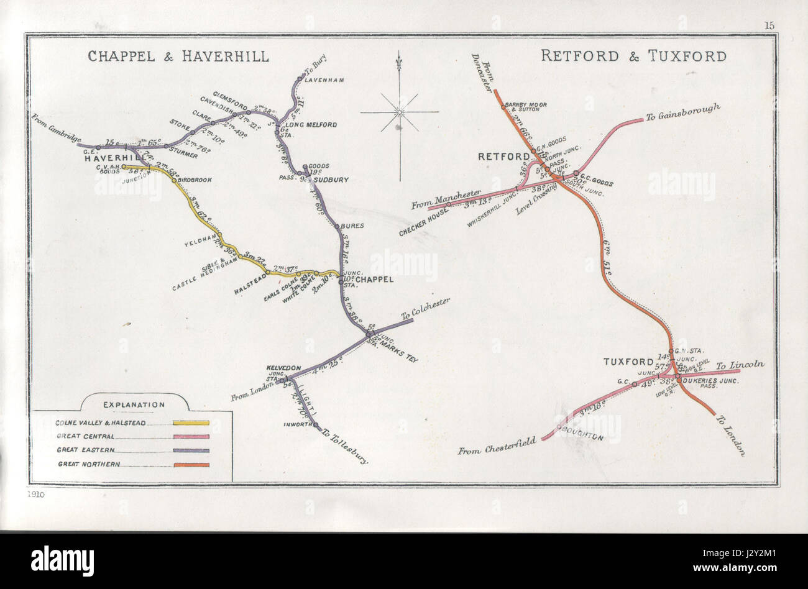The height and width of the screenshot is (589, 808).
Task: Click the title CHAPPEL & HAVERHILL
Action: pyautogui.click(x=178, y=57)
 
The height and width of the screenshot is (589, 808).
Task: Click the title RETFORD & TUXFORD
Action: pyautogui.click(x=633, y=57)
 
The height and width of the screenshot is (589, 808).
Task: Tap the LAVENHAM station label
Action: pyautogui.click(x=324, y=80)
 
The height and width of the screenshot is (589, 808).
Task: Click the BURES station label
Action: pyautogui.click(x=352, y=226)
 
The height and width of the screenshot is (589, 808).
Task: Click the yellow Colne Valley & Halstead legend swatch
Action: pyautogui.click(x=191, y=423)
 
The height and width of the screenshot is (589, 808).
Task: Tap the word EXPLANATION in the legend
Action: pyautogui.click(x=134, y=404)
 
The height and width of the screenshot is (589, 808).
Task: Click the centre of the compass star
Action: pyautogui.click(x=400, y=112)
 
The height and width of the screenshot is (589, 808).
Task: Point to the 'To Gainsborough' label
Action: pyautogui.click(x=682, y=112)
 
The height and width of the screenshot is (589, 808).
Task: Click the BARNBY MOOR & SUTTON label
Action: pyautogui.click(x=526, y=107)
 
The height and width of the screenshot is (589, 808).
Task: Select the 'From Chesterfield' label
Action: pyautogui.click(x=497, y=445)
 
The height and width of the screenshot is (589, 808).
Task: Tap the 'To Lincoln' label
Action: pyautogui.click(x=740, y=365)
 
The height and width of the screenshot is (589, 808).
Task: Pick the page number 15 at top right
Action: pyautogui.click(x=769, y=25)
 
